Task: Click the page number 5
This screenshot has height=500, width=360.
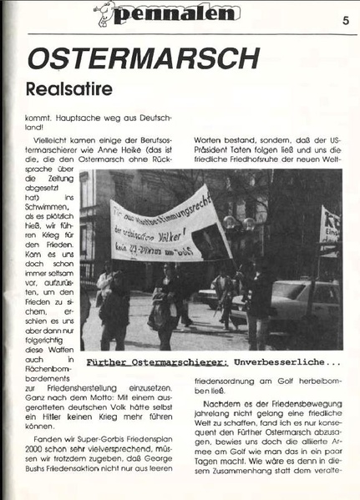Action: (344, 22)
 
